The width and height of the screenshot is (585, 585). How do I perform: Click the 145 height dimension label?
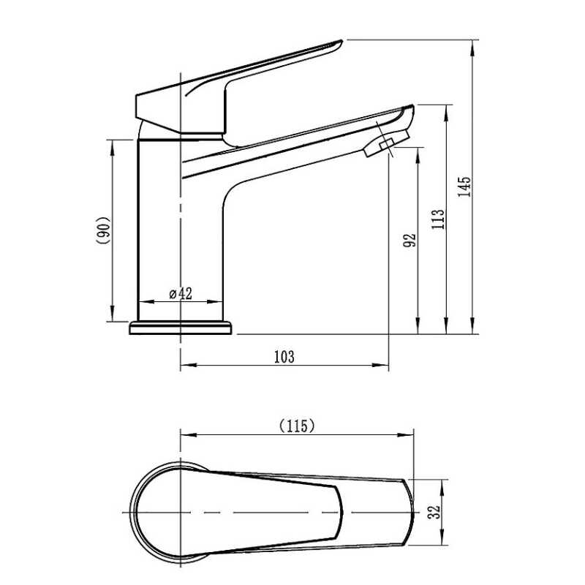pos(464,187)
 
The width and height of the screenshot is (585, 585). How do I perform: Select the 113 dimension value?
pos(438,219)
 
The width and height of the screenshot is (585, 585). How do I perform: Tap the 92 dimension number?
pos(409,240)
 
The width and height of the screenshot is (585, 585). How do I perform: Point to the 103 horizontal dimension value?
pos(284,357)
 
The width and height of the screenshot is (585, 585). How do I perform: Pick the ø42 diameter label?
pos(181,294)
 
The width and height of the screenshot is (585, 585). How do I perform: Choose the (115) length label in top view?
pos(297,426)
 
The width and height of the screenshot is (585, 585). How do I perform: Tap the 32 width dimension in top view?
pos(434,512)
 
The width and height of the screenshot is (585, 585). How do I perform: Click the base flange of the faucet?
pos(181,328)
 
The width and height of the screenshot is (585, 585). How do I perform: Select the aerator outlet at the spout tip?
pos(386,143)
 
